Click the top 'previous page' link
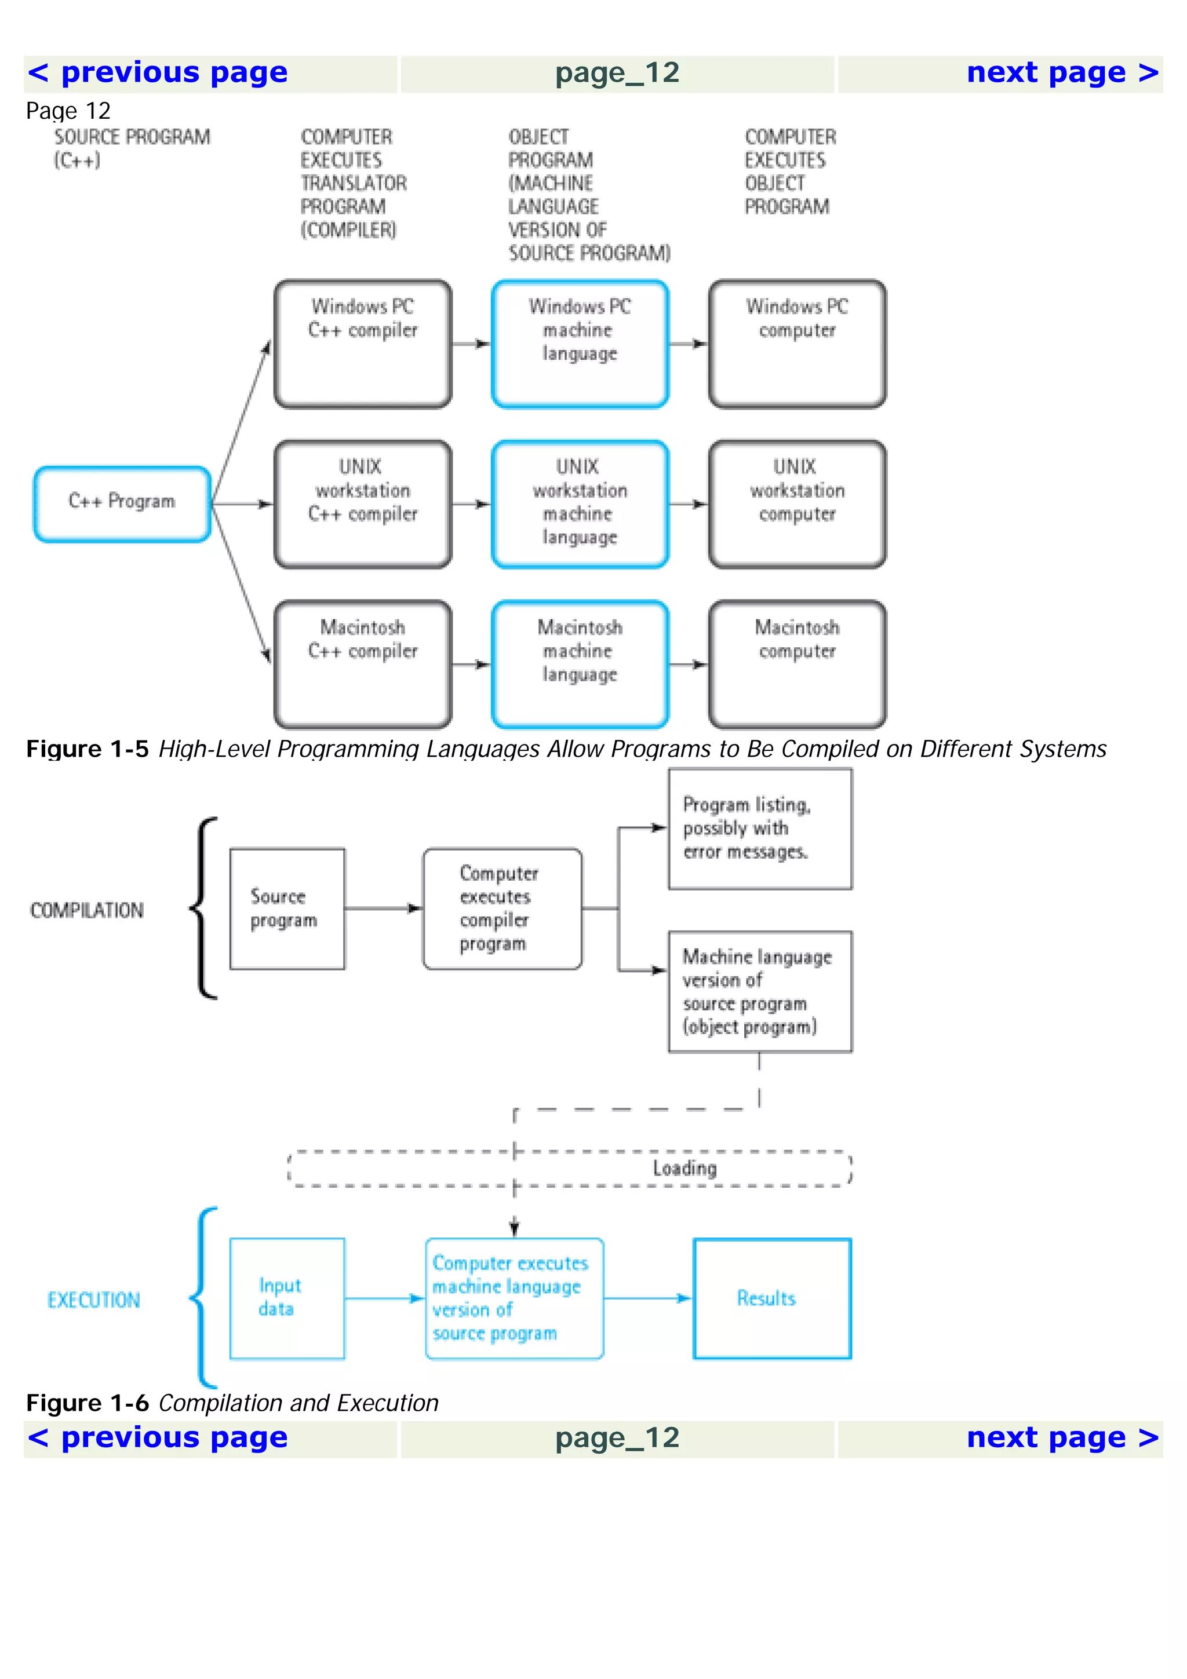tap(157, 73)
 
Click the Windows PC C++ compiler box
tap(363, 344)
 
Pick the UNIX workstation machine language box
tap(580, 504)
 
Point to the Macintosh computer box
tap(796, 664)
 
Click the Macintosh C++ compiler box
tap(363, 664)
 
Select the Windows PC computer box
tap(796, 344)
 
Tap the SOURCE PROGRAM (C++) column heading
tap(132, 148)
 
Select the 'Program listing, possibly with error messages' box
tap(760, 828)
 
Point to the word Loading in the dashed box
tap(684, 1169)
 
